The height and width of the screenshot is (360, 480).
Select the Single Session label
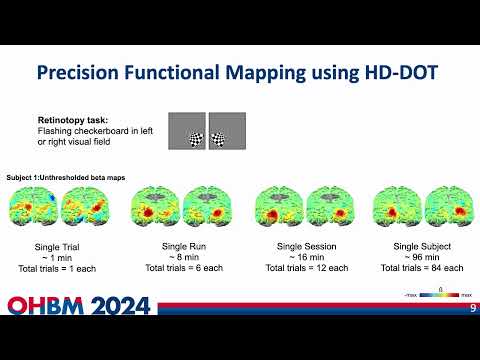coord(304,246)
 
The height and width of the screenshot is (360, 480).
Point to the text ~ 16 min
coord(304,257)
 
